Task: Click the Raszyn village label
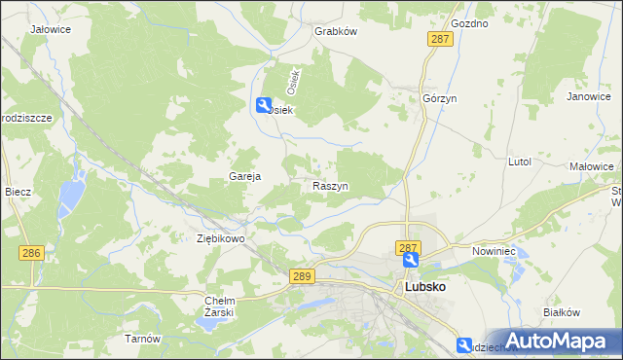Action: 331,185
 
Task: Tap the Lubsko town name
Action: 425,288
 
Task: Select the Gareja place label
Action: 242,176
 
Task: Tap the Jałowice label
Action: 51,30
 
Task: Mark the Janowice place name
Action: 588,97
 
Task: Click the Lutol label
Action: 519,162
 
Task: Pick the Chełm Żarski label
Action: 220,306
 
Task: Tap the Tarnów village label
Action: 141,339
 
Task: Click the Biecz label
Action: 18,192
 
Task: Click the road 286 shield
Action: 32,253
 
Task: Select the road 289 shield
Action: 302,277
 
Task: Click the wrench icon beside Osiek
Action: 264,105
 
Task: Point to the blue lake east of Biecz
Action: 69,198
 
